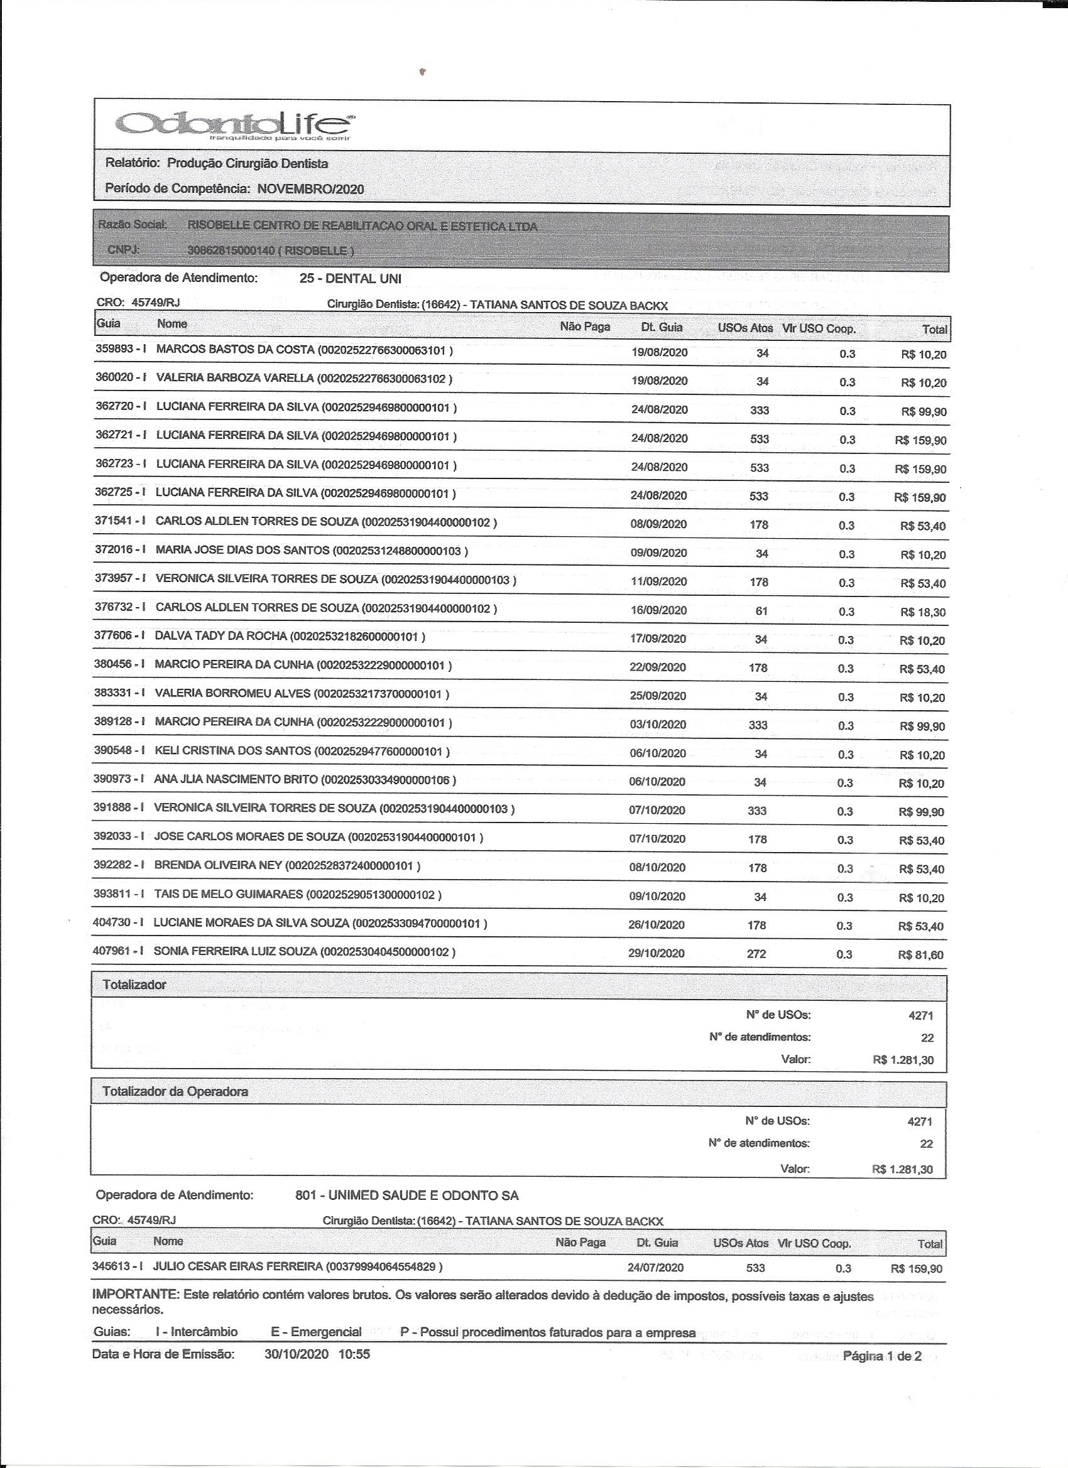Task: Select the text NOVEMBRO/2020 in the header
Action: pos(310,189)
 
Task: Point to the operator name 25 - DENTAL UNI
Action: pos(351,278)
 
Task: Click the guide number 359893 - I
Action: pos(121,349)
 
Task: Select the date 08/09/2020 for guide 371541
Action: pos(658,524)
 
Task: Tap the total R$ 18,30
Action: pos(922,612)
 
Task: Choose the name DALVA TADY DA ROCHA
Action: pos(221,636)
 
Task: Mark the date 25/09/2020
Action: pos(658,696)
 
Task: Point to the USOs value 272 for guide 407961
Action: pos(756,953)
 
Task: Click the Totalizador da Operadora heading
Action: pos(175,1091)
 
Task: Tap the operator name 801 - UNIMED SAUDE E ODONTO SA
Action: pos(406,1195)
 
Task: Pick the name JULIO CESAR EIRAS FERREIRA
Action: pos(237,1266)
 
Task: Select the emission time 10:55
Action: pos(354,1354)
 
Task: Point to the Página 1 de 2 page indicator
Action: pos(881,1356)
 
